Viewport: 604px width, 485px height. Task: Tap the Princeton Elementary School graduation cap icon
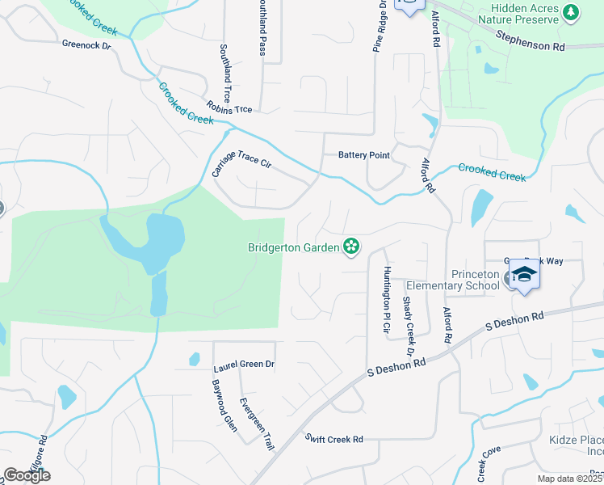(523, 276)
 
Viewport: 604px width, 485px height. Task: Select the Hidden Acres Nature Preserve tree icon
(572, 12)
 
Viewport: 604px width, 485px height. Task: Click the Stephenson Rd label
(530, 41)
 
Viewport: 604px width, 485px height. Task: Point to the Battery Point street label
(363, 154)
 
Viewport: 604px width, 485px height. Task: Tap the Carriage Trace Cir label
(241, 162)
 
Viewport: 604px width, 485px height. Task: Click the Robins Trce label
(229, 108)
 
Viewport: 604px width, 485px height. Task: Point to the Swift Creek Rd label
(334, 439)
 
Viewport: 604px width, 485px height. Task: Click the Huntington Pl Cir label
(388, 300)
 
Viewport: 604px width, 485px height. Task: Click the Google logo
(27, 475)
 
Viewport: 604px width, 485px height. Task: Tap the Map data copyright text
(570, 479)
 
